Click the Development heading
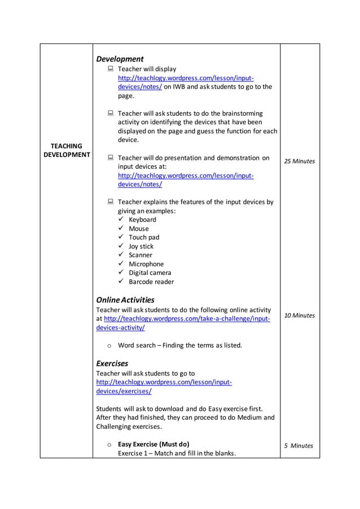click(120, 59)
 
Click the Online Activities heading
click(125, 300)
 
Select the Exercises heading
click(112, 363)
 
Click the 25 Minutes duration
click(300, 161)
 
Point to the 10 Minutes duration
click(300, 315)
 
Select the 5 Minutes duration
click(298, 445)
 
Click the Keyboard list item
click(142, 220)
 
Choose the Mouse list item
click(139, 229)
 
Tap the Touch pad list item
click(144, 238)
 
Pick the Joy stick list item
click(141, 246)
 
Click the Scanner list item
click(141, 255)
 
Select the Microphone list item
click(146, 264)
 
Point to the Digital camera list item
click(150, 273)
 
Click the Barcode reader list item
click(151, 282)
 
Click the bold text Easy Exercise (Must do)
click(153, 444)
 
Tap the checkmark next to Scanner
click(121, 255)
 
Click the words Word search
click(136, 345)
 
